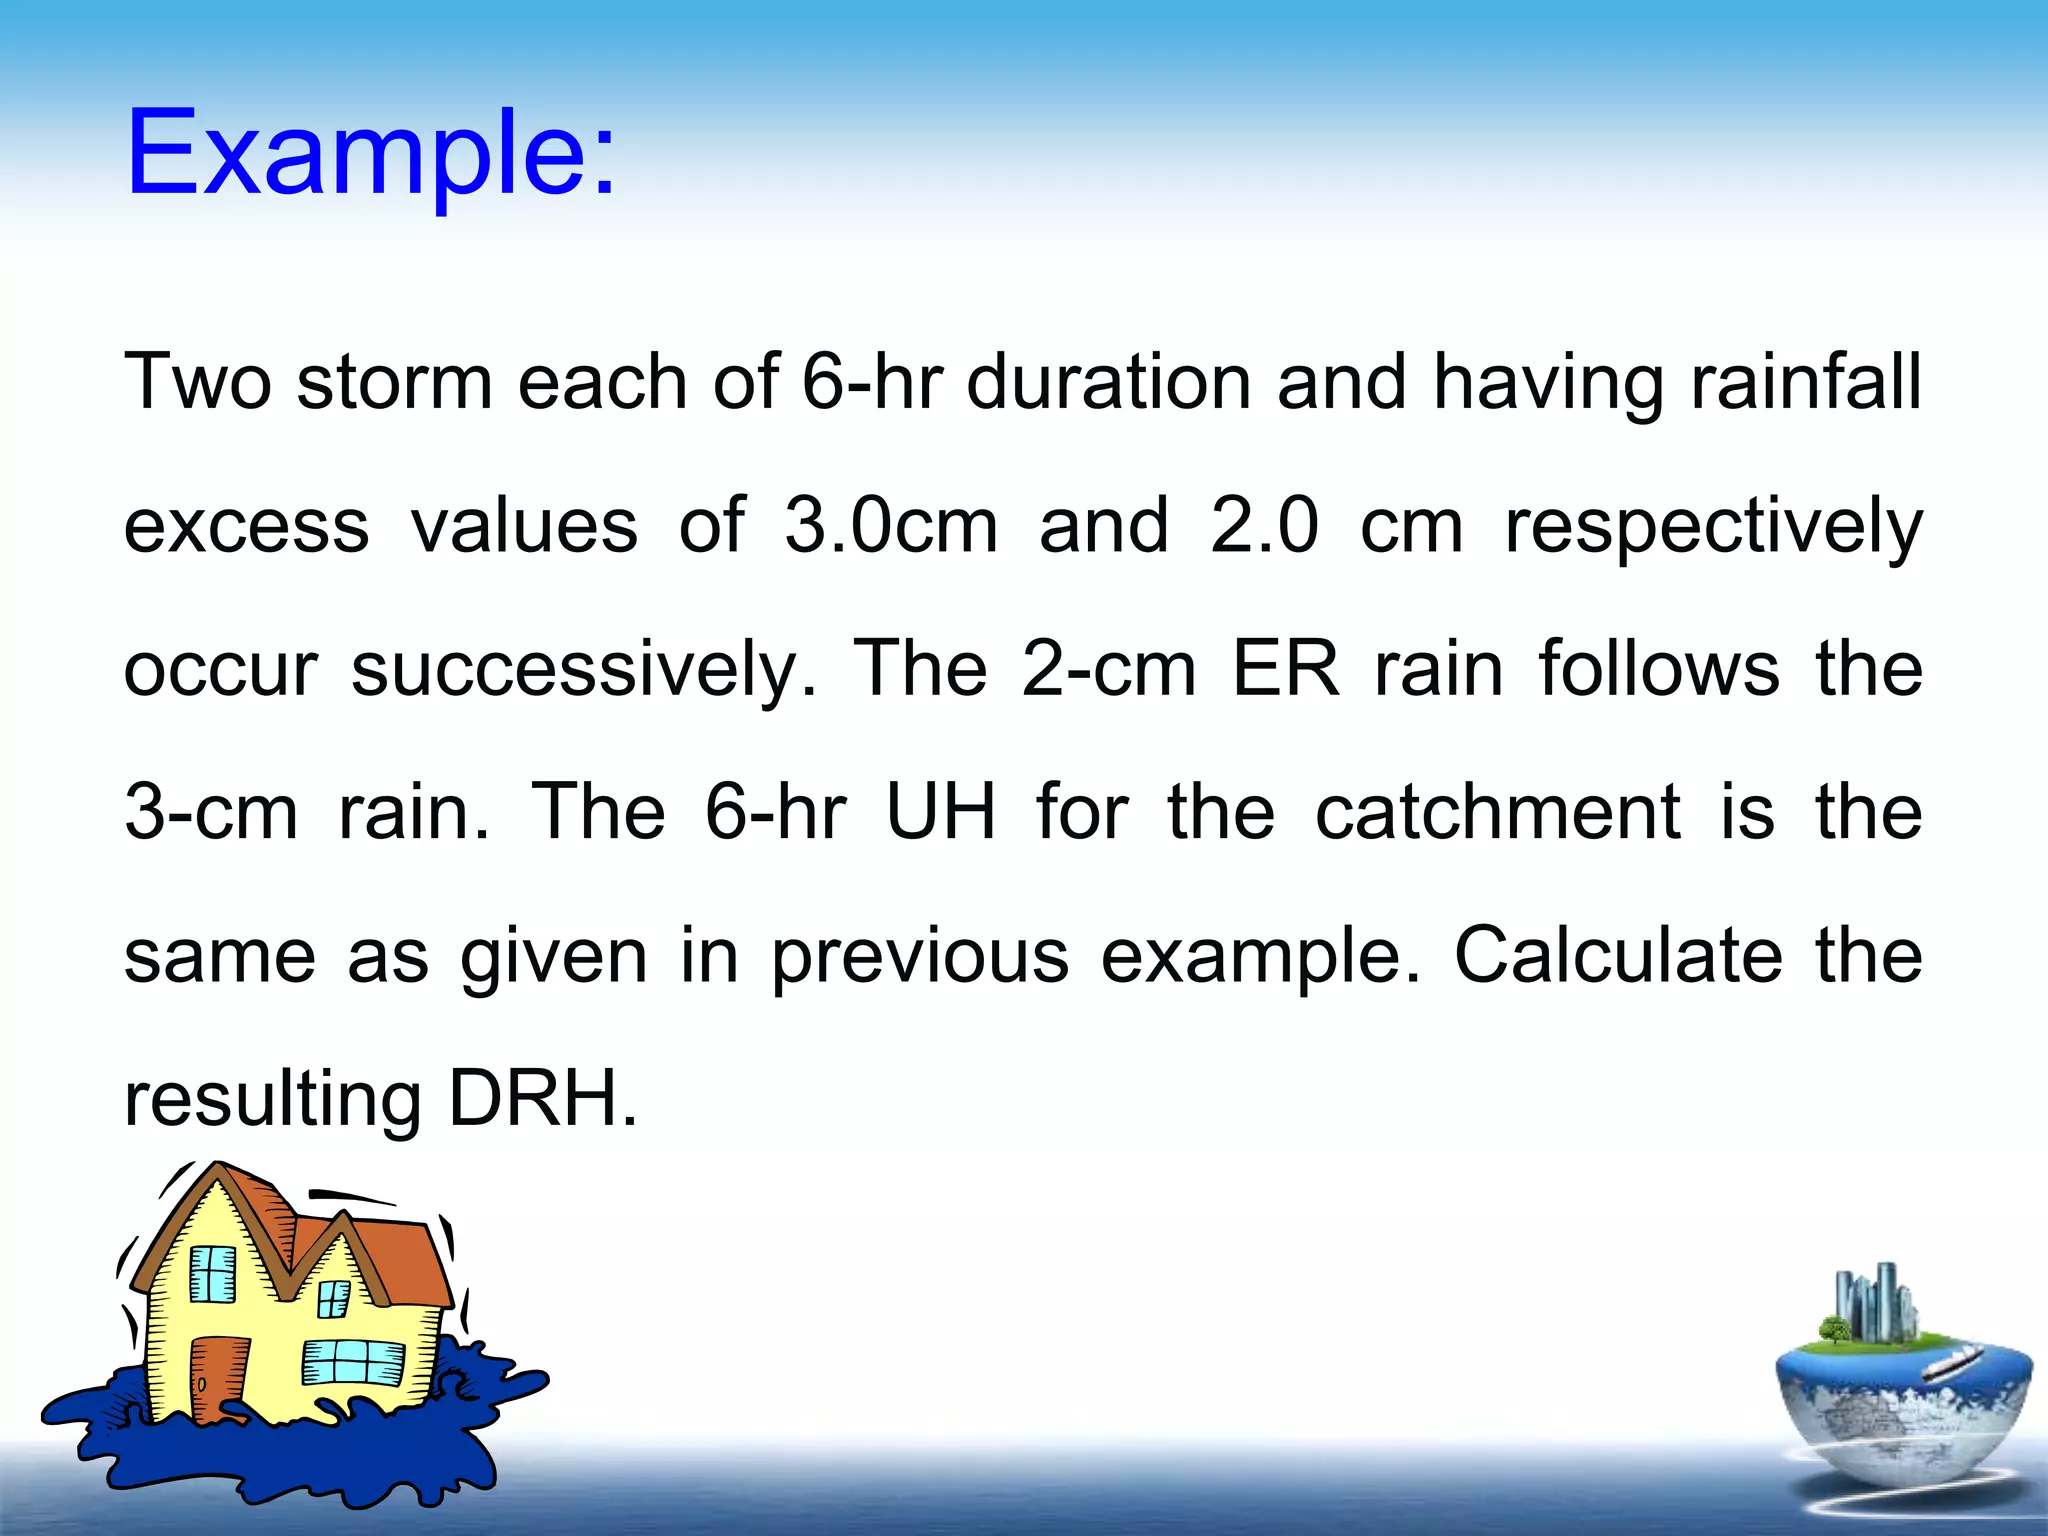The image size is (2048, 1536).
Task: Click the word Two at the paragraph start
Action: coord(197,382)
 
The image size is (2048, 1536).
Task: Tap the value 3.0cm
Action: coord(890,526)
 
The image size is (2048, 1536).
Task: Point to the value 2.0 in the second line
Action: coord(1263,526)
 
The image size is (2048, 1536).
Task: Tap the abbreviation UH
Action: coord(941,812)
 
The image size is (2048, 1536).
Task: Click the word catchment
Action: coord(1497,812)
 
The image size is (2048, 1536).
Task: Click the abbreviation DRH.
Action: coord(541,1099)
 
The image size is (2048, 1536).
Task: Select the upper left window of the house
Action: coord(212,1273)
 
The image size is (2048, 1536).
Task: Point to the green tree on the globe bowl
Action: coord(1834,1331)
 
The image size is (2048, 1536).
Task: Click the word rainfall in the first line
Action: coord(1805,382)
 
